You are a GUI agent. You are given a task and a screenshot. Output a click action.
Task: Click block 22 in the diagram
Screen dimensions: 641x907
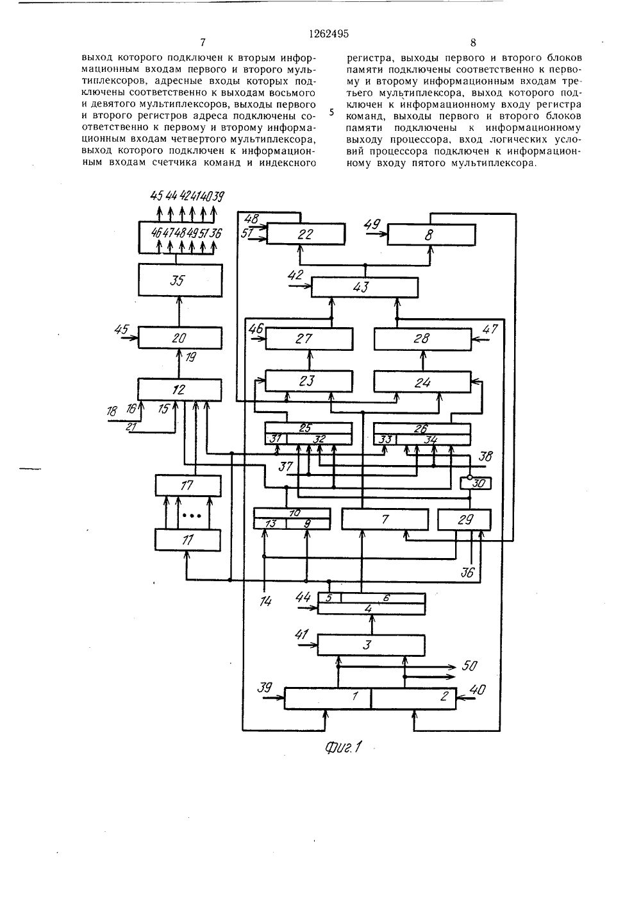click(x=306, y=234)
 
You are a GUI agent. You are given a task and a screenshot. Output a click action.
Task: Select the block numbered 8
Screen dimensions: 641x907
click(x=431, y=234)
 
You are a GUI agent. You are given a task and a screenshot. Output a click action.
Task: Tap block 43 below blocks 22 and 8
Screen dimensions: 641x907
click(x=364, y=287)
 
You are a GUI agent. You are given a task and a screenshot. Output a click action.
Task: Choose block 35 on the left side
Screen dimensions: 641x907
click(x=180, y=280)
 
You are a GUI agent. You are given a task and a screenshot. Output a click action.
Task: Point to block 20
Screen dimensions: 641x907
click(x=180, y=337)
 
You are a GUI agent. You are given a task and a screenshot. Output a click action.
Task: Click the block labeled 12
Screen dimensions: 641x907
click(x=179, y=389)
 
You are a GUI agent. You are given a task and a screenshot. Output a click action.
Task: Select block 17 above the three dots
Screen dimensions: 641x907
click(x=188, y=486)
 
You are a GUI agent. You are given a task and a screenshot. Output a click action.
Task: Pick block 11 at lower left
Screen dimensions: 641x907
click(x=188, y=540)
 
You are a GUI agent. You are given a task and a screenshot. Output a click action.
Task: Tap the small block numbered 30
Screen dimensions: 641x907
click(x=476, y=483)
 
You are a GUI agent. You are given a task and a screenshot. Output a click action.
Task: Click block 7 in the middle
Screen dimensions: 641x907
click(x=385, y=519)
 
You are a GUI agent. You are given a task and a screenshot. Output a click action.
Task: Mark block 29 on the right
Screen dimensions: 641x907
click(x=465, y=520)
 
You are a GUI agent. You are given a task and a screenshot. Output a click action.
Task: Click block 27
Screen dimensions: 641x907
click(x=309, y=339)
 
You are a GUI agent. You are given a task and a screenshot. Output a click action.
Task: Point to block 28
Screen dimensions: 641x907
click(x=422, y=339)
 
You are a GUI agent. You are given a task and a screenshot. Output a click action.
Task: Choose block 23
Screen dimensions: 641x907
click(x=309, y=381)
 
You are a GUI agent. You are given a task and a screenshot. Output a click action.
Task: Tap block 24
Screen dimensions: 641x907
click(x=422, y=382)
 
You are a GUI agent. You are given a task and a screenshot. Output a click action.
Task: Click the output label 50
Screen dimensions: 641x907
click(x=469, y=666)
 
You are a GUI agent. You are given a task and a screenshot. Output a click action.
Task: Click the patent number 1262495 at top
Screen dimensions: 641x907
click(x=329, y=34)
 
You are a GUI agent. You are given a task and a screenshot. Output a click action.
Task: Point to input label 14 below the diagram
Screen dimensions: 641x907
click(x=265, y=602)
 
